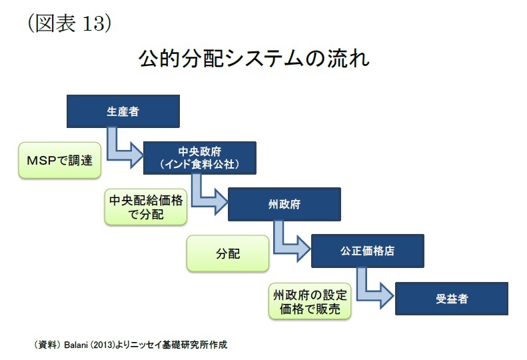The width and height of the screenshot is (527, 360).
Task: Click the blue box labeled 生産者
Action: click(123, 111)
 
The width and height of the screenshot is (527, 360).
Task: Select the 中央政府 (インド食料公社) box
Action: click(200, 158)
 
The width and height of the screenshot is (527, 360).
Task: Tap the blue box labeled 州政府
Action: click(284, 204)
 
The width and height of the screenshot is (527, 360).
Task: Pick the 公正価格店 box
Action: click(368, 251)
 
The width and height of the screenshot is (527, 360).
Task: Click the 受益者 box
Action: click(452, 299)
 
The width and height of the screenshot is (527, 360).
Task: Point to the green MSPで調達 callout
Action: click(60, 160)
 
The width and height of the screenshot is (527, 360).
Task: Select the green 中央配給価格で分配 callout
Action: click(146, 207)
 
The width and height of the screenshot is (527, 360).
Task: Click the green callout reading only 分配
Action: click(228, 253)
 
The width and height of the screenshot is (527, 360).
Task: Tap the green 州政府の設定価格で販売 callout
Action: click(310, 301)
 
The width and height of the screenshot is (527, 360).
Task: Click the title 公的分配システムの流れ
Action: click(255, 58)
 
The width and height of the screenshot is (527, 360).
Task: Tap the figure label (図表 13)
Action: click(69, 23)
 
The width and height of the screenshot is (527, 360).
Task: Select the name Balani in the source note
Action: click(76, 345)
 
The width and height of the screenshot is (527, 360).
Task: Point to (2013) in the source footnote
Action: click(103, 345)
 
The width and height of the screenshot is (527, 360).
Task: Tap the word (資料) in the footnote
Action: click(47, 345)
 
